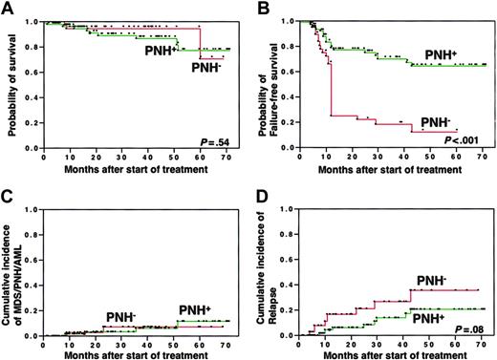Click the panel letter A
click(8, 8)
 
